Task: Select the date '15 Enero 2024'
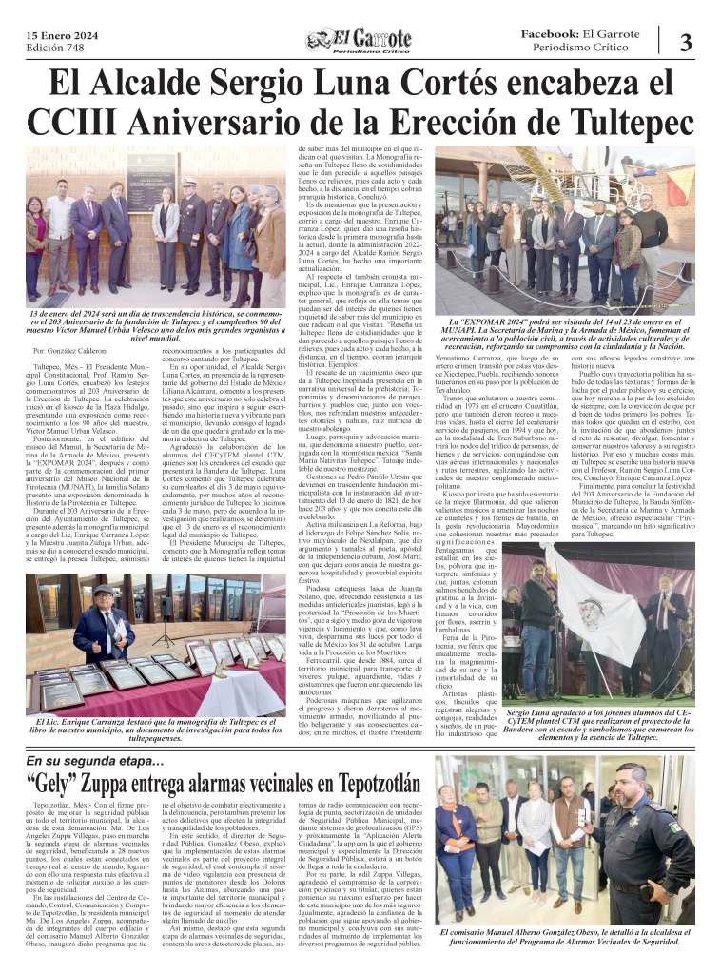(x=59, y=34)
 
